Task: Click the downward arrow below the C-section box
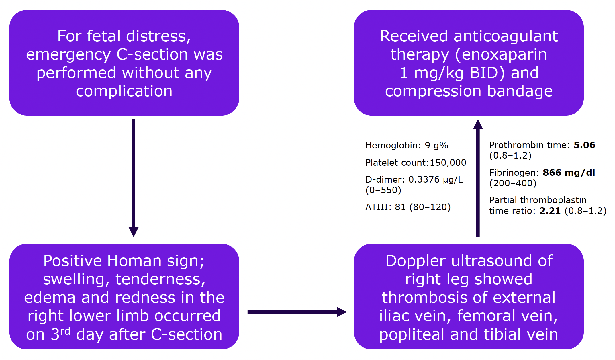point(134,178)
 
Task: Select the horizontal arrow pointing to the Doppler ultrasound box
point(297,312)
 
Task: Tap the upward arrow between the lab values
point(478,178)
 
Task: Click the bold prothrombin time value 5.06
point(584,145)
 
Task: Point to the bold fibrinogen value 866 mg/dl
point(569,173)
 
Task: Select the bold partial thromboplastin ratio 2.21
point(550,211)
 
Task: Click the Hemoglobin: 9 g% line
point(407,146)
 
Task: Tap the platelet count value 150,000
point(448,163)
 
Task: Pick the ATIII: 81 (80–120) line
point(408,207)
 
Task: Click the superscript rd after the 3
point(65,331)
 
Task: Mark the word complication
point(124,91)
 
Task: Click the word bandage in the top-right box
point(520,91)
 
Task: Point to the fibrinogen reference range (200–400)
point(513,183)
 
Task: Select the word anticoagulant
point(506,36)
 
